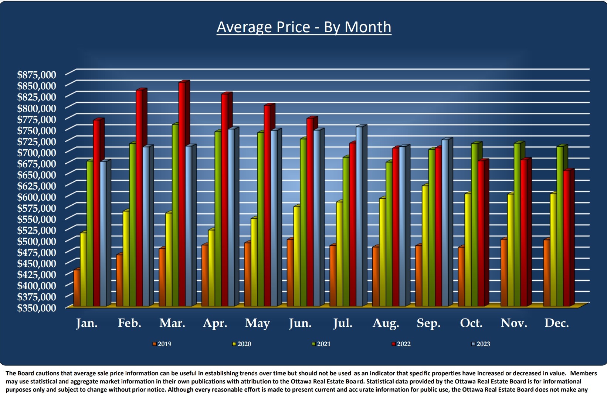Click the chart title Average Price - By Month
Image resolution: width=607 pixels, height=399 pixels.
click(x=303, y=27)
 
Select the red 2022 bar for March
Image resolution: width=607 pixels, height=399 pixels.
click(x=182, y=194)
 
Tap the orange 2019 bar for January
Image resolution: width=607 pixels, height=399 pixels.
click(x=77, y=288)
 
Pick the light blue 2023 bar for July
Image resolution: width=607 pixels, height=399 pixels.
click(x=359, y=216)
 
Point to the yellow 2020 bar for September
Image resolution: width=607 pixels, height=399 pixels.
click(x=425, y=246)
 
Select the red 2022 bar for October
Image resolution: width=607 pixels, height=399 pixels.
click(x=481, y=233)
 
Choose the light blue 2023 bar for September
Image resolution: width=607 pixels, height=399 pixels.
click(x=445, y=223)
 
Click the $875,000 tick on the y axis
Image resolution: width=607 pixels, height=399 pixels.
click(x=37, y=75)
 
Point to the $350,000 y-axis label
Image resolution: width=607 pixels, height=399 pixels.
click(x=37, y=308)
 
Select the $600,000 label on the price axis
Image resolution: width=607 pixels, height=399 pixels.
click(x=37, y=197)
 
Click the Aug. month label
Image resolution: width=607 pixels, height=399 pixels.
click(x=386, y=323)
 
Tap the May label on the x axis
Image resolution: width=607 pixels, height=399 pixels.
click(x=257, y=323)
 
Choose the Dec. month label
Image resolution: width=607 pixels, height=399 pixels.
click(x=556, y=323)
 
